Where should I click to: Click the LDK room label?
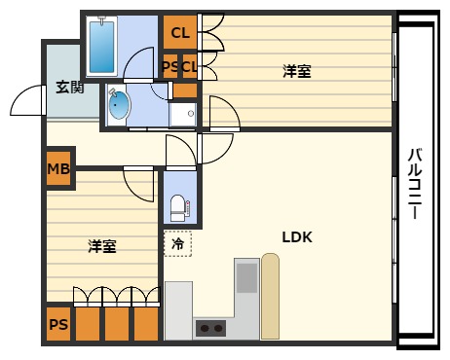click(x=296, y=235)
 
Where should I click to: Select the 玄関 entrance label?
click(x=68, y=87)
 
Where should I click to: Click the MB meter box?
click(x=58, y=170)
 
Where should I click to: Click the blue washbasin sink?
click(x=118, y=105)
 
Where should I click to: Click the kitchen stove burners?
click(x=210, y=327)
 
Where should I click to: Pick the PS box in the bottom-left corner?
click(x=58, y=324)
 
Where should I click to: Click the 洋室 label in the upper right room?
click(x=296, y=70)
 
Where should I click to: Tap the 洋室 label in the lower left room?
click(x=102, y=245)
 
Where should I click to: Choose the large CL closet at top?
click(x=179, y=33)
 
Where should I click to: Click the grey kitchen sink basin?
click(x=246, y=276)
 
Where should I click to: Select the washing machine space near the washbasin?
click(x=183, y=114)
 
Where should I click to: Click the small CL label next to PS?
click(x=189, y=67)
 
